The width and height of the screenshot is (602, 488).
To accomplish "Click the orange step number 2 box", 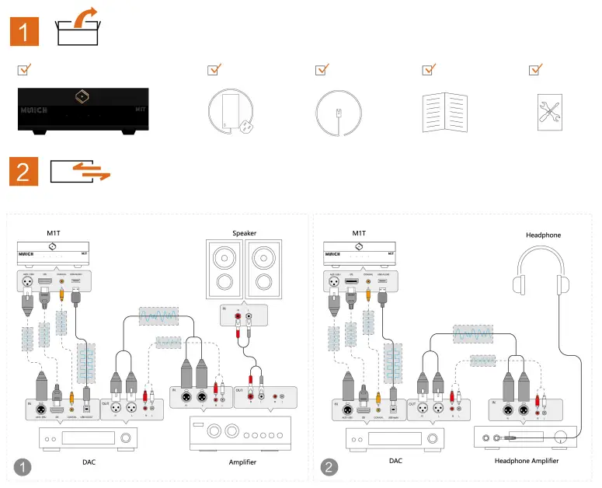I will pyautogui.click(x=25, y=171).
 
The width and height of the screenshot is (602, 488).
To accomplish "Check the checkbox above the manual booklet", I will pyautogui.click(x=428, y=70).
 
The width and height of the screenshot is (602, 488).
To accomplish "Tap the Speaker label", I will pyautogui.click(x=244, y=233).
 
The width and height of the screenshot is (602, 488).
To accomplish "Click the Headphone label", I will pyautogui.click(x=542, y=235).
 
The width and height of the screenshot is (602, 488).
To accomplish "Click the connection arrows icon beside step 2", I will pyautogui.click(x=80, y=171).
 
